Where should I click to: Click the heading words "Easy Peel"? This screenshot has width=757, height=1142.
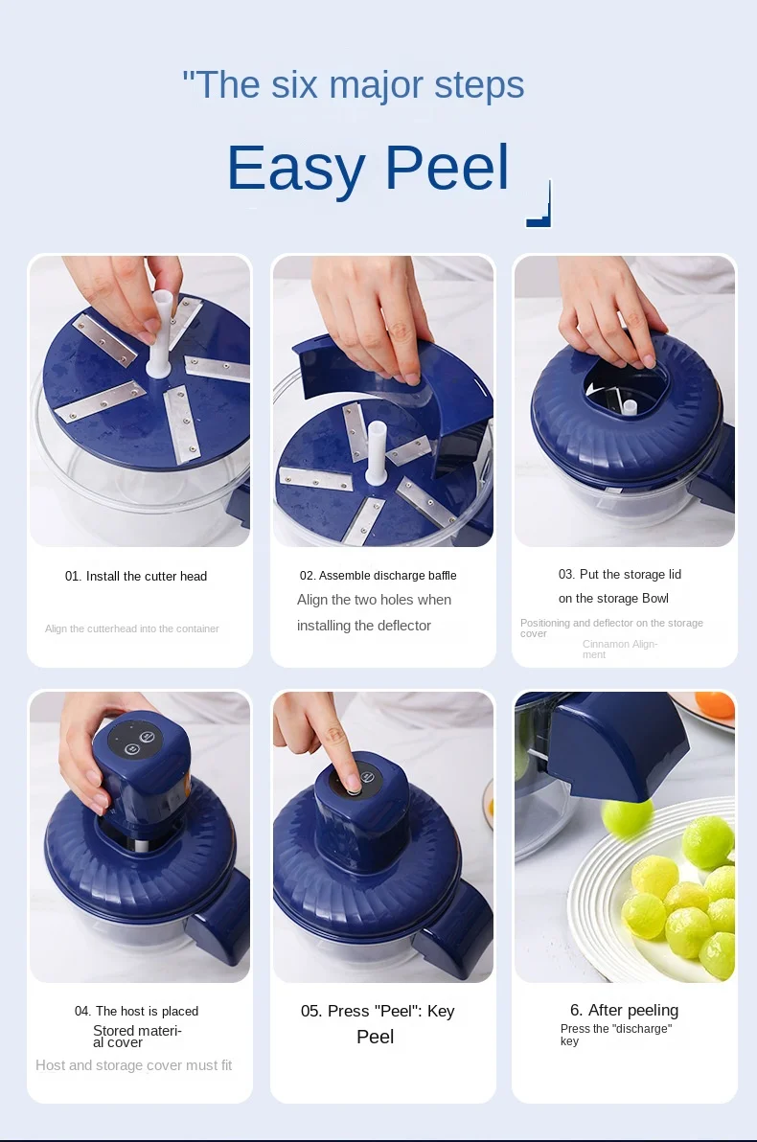pyautogui.click(x=368, y=169)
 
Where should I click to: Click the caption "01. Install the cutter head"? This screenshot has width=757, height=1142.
pyautogui.click(x=136, y=576)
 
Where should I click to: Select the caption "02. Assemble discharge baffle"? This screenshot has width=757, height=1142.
pyautogui.click(x=378, y=576)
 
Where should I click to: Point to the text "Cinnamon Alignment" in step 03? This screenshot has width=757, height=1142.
pyautogui.click(x=620, y=649)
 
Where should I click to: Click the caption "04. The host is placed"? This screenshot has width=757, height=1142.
pyautogui.click(x=136, y=1011)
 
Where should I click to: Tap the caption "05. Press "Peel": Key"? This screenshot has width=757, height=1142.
pyautogui.click(x=378, y=1011)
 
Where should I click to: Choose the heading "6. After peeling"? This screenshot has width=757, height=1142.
pyautogui.click(x=625, y=1010)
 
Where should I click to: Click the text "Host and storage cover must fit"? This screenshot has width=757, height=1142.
pyautogui.click(x=134, y=1064)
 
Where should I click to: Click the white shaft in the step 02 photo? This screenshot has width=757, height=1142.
pyautogui.click(x=376, y=451)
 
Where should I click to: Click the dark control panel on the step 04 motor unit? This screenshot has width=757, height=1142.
pyautogui.click(x=136, y=740)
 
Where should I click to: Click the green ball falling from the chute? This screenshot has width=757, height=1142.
pyautogui.click(x=628, y=815)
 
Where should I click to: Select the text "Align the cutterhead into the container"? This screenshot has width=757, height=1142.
pyautogui.click(x=132, y=628)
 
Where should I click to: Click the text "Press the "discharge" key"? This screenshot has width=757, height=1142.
pyautogui.click(x=616, y=1034)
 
